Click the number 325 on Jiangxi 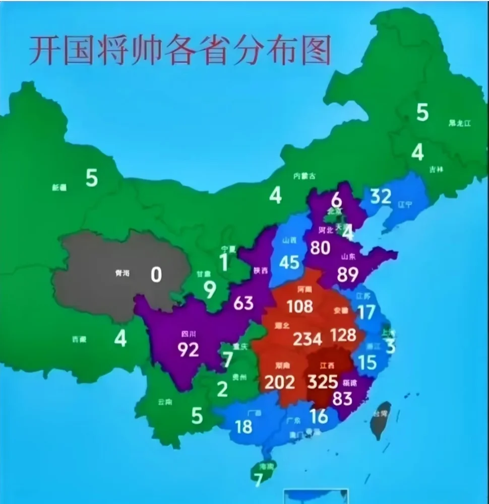click(x=323, y=382)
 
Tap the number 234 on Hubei click(x=307, y=339)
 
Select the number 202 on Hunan click(x=279, y=382)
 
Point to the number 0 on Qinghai click(x=156, y=274)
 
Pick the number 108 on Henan click(x=300, y=306)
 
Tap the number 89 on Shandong click(x=347, y=274)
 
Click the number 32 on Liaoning click(x=381, y=196)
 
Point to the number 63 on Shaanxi click(x=243, y=303)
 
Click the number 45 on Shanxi click(x=289, y=262)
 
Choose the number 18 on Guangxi click(x=243, y=426)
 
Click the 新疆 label click(x=59, y=188)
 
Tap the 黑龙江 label click(x=459, y=123)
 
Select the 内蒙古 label click(x=305, y=176)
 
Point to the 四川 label click(x=188, y=333)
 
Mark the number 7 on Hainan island click(x=259, y=480)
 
